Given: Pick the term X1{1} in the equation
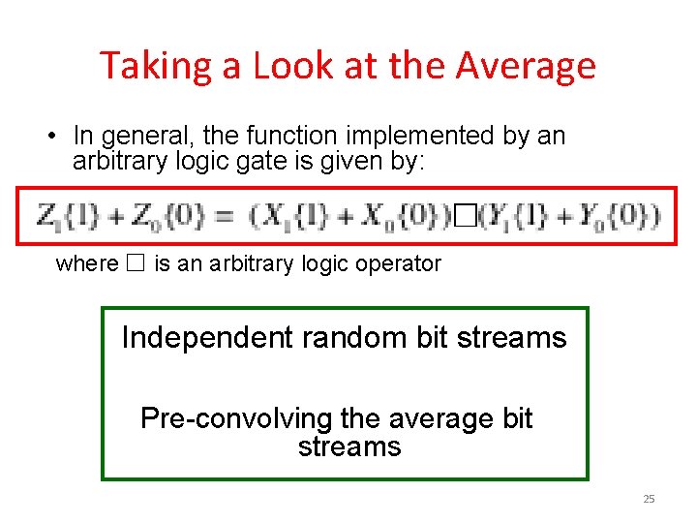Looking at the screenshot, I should pos(290,216).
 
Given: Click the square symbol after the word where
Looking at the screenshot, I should pos(136,263).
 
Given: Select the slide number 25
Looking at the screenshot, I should pos(649,499).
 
